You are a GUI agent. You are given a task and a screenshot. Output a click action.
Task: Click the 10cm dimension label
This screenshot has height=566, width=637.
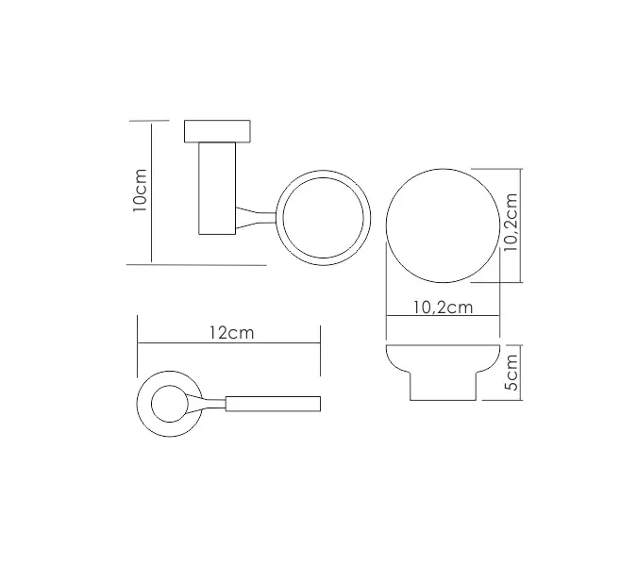[140, 190]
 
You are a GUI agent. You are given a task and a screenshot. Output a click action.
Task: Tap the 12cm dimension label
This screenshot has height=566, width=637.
[232, 333]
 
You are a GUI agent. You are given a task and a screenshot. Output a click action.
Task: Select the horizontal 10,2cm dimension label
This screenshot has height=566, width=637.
[444, 308]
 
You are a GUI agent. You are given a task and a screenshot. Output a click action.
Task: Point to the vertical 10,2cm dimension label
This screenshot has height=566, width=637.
[511, 223]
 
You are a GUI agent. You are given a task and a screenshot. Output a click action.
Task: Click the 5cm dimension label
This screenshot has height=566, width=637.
[511, 373]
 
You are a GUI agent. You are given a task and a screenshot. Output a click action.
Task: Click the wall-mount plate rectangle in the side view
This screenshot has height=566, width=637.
[217, 131]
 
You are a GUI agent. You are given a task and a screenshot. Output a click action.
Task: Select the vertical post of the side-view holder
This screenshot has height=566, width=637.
[217, 188]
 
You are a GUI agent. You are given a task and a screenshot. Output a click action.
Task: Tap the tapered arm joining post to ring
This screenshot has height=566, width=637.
[256, 218]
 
